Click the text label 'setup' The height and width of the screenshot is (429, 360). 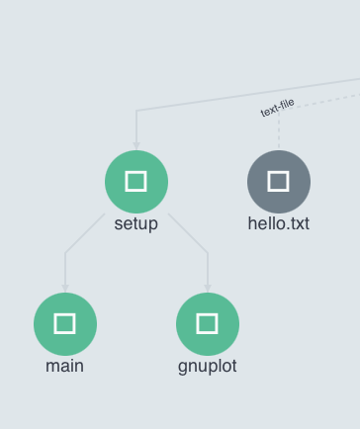pos(136,223)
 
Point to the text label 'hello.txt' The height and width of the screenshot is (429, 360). pos(278,223)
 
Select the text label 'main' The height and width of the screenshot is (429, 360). pos(65,366)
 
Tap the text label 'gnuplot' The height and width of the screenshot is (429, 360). pos(207,366)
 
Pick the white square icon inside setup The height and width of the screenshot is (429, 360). pos(136,182)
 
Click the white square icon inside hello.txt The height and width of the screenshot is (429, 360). pos(278,182)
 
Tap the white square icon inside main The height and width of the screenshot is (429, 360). pos(65,323)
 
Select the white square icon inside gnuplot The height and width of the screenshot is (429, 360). pos(207,323)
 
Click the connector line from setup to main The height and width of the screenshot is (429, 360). pos(83,234)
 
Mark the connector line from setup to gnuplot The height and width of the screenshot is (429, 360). pos(189,234)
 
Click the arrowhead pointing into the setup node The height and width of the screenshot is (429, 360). pos(136,145)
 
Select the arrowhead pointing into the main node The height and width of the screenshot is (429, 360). pos(65,288)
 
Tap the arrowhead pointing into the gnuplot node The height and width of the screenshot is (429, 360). pos(207,288)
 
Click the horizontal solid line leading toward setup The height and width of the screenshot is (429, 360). pos(198,102)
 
